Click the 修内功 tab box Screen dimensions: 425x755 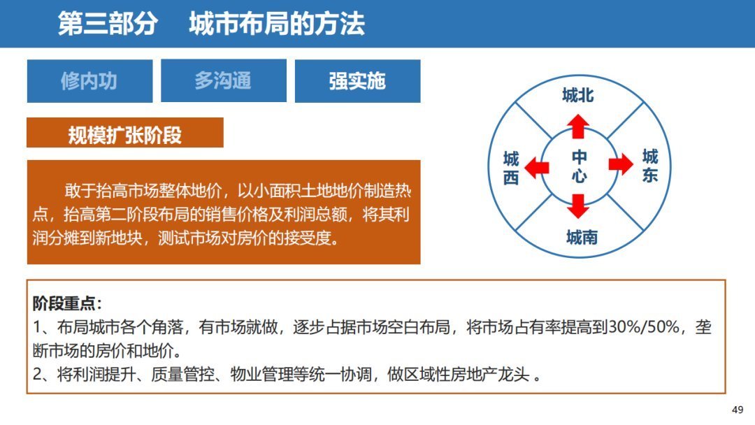point(89,81)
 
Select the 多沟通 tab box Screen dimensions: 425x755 point(223,81)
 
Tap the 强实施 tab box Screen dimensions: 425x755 point(357,81)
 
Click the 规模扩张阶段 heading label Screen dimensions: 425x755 point(124,134)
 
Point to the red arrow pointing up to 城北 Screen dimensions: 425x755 point(578,127)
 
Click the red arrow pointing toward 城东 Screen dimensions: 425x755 point(619,165)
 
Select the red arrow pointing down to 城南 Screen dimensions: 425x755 point(578,206)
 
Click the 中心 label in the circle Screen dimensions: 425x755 point(579,166)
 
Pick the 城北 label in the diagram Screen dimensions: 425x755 point(577,96)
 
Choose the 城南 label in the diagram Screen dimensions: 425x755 point(582,238)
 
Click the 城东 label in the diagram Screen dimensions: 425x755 point(650,166)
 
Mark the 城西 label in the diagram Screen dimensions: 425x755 point(511,168)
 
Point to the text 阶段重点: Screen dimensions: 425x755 point(68,303)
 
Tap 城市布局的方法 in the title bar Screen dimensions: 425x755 point(277,24)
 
